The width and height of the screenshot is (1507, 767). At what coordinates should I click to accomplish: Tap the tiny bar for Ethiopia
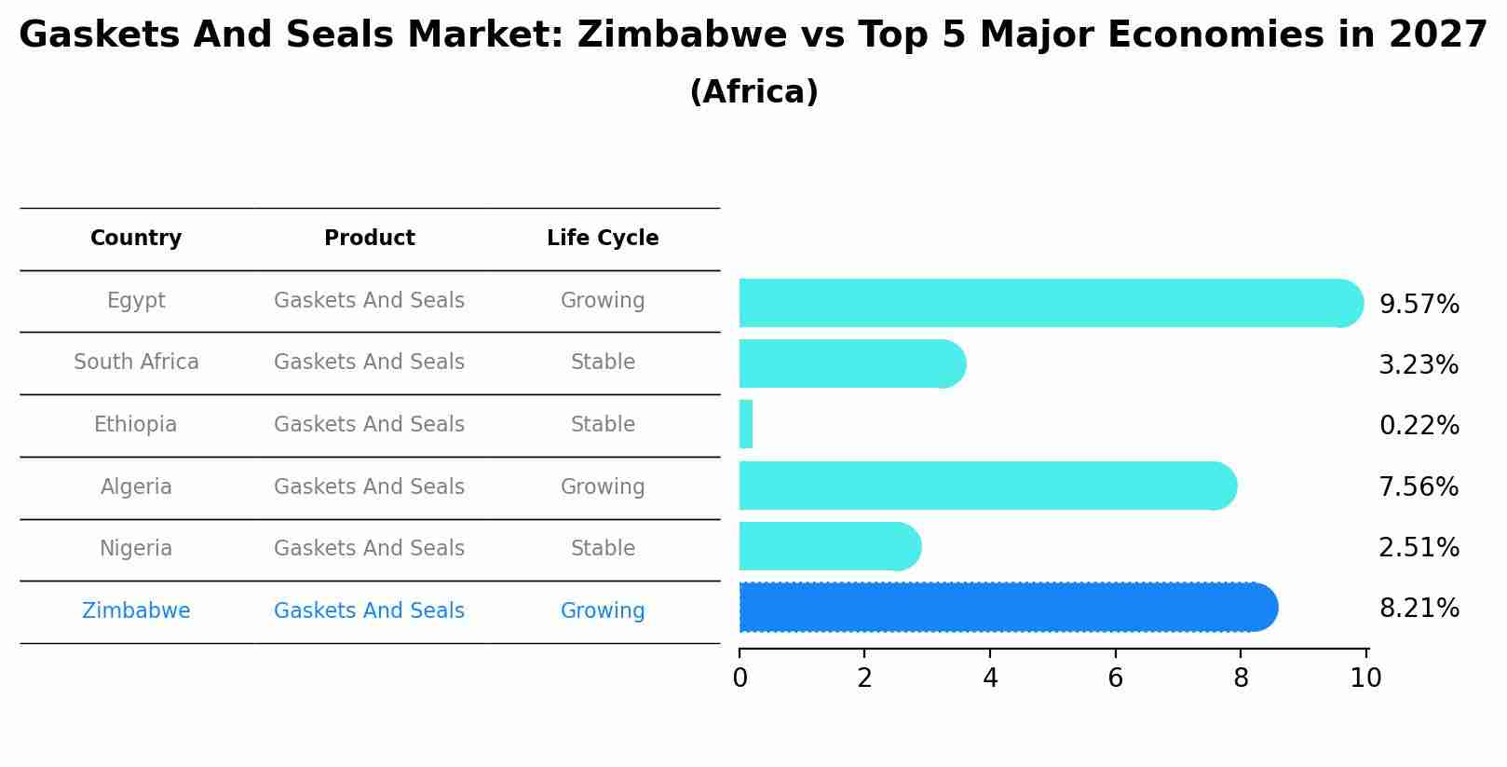tap(746, 425)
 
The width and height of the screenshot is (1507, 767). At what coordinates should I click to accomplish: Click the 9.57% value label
tap(1419, 305)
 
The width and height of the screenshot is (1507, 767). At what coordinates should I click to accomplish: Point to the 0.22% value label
tap(1419, 426)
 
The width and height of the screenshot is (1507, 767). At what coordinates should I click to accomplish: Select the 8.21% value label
tap(1419, 609)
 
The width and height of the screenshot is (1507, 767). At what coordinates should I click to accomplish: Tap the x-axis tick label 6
tap(1115, 678)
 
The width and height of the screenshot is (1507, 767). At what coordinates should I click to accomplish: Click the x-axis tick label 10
tap(1365, 678)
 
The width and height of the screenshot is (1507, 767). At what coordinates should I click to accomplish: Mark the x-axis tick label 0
tap(740, 678)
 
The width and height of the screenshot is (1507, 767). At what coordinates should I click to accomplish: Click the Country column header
tap(136, 239)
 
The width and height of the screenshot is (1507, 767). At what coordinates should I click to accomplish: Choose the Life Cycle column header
tap(603, 239)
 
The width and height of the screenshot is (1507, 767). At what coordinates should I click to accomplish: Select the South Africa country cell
tap(136, 363)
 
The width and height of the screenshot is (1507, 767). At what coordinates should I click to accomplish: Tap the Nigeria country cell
tap(136, 549)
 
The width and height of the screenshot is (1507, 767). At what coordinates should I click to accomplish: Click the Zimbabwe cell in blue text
tap(136, 611)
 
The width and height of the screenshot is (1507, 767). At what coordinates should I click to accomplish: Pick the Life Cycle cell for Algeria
tap(603, 486)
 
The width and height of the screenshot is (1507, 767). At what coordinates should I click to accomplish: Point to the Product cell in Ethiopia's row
tap(369, 425)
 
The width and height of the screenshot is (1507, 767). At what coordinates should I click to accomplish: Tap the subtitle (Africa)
tap(753, 92)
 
